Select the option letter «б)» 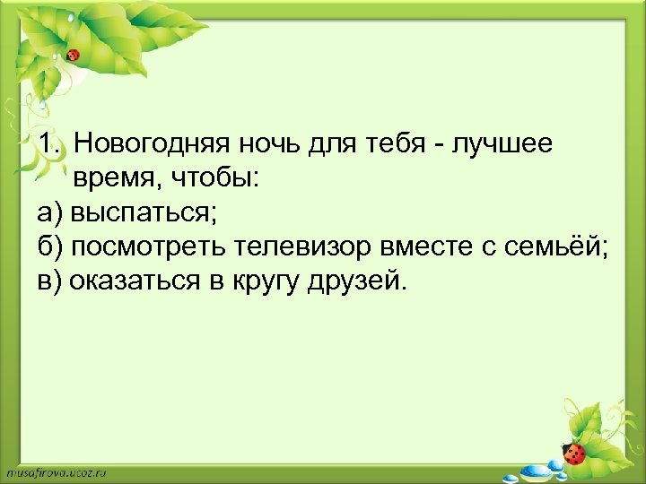coord(51,248)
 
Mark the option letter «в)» coord(51,283)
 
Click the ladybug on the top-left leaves coord(74,55)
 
